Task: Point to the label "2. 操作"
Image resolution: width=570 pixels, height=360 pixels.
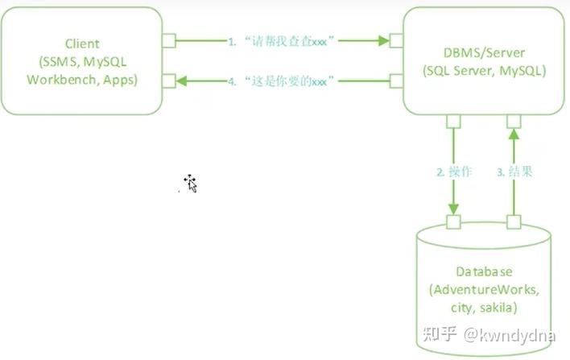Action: pos(454,172)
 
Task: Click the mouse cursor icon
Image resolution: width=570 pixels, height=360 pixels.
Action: pos(191,183)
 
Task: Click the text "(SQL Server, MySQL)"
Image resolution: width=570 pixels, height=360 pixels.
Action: pos(484,70)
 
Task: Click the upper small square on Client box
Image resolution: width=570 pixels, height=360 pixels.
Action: pos(169,39)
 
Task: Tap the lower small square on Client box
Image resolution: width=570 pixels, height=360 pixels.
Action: pos(169,80)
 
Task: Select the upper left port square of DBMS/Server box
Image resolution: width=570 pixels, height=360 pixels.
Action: pos(395,39)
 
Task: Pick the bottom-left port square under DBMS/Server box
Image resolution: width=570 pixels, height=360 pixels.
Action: pos(453,122)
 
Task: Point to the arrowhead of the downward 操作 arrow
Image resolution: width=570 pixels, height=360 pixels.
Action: pos(453,209)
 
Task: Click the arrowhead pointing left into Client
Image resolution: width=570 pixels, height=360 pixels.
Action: pos(182,80)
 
